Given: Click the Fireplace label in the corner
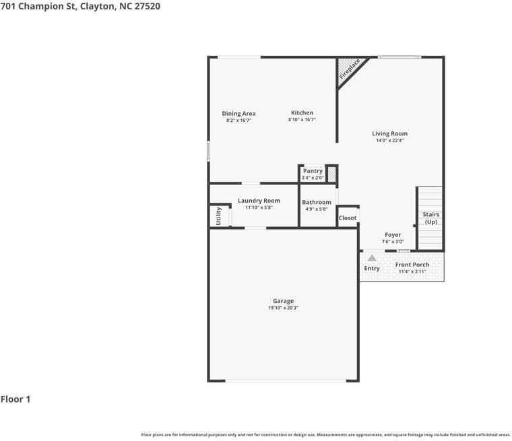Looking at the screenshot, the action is click(350, 69).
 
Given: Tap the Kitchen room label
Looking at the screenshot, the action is click(302, 112).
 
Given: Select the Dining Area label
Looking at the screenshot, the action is click(238, 114).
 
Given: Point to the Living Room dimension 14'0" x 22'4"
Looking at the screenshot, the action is click(389, 140).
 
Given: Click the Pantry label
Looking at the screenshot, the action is click(313, 171).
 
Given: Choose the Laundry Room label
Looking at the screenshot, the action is click(259, 201).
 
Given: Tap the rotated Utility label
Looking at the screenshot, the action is click(218, 216).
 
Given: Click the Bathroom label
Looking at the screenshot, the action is click(317, 203).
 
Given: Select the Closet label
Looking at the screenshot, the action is click(348, 217).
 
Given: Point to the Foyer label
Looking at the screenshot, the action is click(393, 235).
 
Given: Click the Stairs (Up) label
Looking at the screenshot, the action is click(430, 218).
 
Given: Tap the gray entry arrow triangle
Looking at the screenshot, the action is click(372, 258).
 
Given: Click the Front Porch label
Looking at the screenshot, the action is click(412, 265).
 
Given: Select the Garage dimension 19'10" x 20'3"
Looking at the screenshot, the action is click(283, 308).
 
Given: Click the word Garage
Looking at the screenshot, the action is click(283, 301).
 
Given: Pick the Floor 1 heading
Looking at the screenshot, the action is click(15, 399).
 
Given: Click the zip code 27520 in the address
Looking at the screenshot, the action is click(148, 6).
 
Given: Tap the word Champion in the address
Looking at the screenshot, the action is click(42, 6).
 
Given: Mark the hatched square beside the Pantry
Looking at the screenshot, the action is click(331, 174).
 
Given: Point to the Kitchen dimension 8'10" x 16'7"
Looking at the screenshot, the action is click(302, 120).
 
